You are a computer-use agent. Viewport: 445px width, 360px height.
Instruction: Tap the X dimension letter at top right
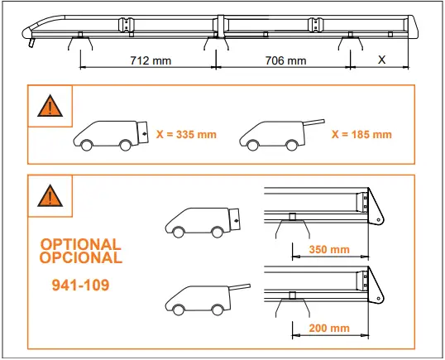[381, 60]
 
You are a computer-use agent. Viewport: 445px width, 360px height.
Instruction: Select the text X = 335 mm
[186, 134]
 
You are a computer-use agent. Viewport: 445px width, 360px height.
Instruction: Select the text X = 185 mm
[361, 134]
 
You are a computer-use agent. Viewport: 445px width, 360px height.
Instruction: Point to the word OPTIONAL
[81, 245]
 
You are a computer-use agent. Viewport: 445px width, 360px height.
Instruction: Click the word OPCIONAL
[81, 257]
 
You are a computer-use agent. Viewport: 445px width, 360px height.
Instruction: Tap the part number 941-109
[79, 285]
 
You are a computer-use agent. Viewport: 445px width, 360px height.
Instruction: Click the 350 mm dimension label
[328, 249]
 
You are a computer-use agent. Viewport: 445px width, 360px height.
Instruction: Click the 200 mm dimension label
[328, 328]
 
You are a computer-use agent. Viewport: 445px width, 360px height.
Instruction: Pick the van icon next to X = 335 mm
[111, 133]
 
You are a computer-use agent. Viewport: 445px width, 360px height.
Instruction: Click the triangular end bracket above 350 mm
[374, 206]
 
